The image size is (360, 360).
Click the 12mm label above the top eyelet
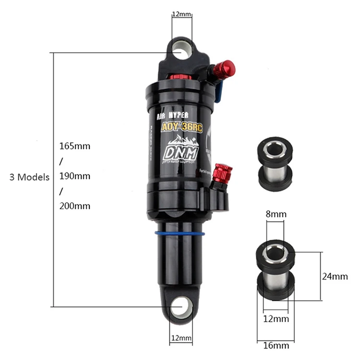point(181,14)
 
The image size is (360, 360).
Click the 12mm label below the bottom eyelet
point(181,338)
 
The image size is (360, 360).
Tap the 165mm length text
point(75,145)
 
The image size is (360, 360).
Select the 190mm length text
point(75,176)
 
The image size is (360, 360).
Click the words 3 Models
point(29,177)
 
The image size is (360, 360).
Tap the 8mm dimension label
point(276,228)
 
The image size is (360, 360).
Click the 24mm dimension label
point(335,276)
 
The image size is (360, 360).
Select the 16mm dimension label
point(276,345)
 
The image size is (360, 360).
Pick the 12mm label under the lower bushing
point(276,318)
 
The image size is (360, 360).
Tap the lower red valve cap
point(223,171)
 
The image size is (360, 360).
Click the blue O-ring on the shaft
point(180,234)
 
